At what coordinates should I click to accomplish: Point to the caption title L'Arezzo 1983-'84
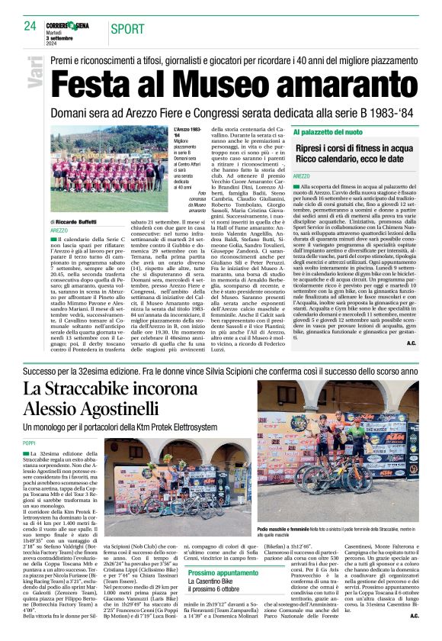(x=187, y=133)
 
